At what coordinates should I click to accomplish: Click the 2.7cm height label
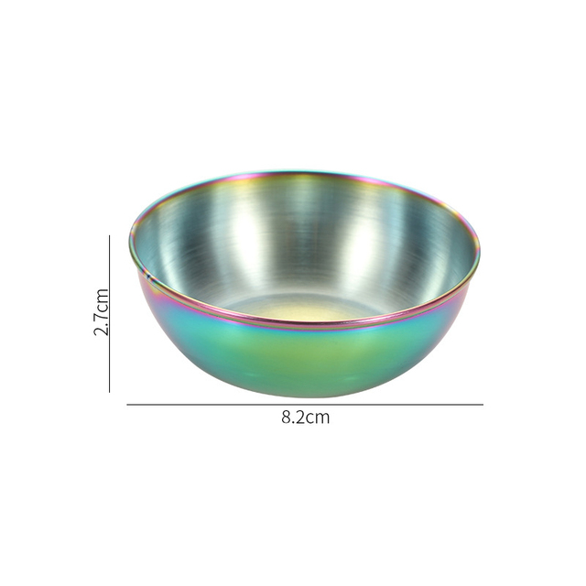point(101,312)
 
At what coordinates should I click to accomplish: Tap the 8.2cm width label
point(305,418)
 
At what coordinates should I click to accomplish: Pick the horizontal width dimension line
point(305,404)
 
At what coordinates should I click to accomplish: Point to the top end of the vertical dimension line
point(110,236)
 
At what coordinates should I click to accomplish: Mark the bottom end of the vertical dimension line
point(110,392)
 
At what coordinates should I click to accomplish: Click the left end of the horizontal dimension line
point(127,404)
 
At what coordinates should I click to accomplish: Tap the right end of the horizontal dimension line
point(483,404)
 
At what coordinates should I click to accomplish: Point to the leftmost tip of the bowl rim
point(130,240)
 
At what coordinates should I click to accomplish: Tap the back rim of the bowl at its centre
point(307,171)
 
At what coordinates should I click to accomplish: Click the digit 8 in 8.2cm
point(287,418)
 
